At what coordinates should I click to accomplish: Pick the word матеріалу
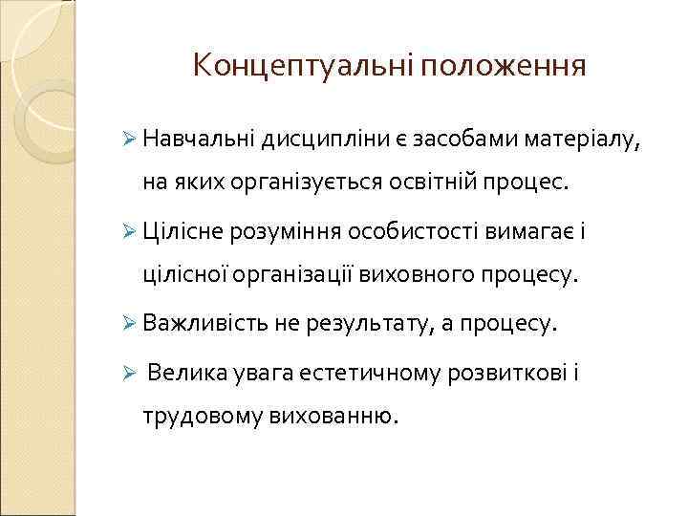point(590,141)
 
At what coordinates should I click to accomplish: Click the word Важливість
point(204,324)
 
